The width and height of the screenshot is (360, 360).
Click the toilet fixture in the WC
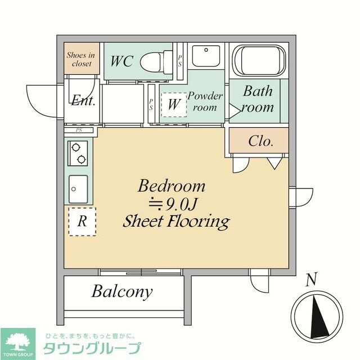[154, 61]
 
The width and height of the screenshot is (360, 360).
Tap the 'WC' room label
[121, 61]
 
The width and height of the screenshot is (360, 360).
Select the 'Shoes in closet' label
[82, 59]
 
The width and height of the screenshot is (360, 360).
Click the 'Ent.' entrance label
[83, 101]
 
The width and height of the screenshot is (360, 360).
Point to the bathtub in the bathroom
[257, 60]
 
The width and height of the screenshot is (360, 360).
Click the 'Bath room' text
[258, 98]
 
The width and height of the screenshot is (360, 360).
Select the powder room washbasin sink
[206, 56]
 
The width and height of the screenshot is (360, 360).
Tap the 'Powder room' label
[205, 101]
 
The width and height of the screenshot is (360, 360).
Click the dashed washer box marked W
[174, 104]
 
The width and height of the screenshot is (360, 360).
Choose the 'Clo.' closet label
[260, 141]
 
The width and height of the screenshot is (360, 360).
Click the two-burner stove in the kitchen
[78, 152]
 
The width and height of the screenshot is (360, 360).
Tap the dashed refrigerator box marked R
[82, 221]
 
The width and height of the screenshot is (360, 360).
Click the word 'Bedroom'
[172, 186]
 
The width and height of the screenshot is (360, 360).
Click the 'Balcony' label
[122, 291]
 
